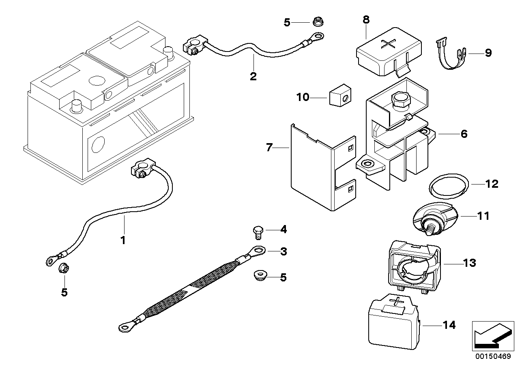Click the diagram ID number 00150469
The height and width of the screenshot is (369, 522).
click(492, 357)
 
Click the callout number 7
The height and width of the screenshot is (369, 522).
click(269, 148)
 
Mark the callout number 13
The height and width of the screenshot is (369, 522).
click(470, 263)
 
